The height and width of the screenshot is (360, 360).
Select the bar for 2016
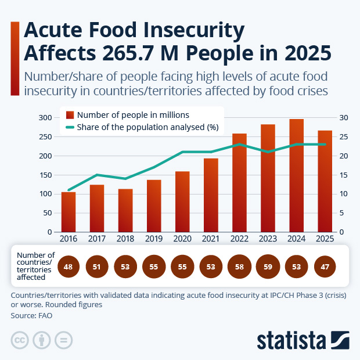tap(69, 212)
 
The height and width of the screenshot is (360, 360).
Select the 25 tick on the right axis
tap(343, 137)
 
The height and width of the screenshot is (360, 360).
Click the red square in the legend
tap(70, 115)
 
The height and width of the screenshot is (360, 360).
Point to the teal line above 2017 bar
tap(97, 175)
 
